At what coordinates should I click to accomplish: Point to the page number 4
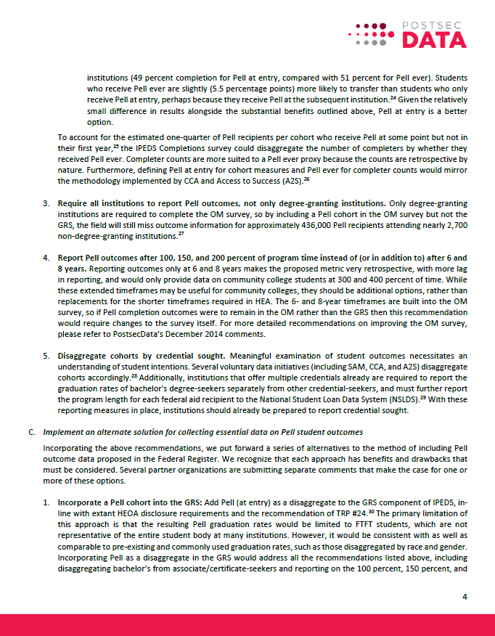pyautogui.click(x=465, y=597)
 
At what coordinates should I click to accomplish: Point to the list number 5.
pyautogui.click(x=46, y=355)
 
